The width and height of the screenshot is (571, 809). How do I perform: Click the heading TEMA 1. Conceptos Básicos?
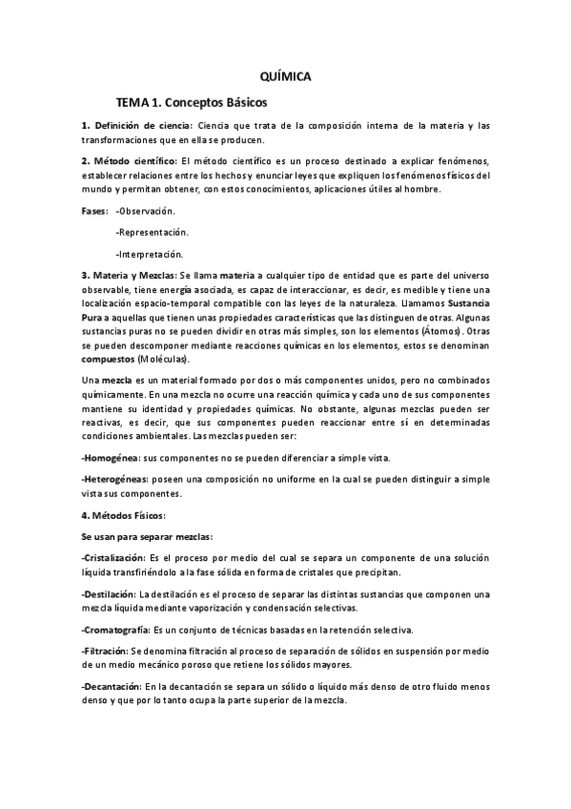click(x=192, y=101)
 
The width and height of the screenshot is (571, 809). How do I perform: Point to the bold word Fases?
click(x=93, y=210)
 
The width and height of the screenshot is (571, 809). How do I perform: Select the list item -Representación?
click(x=151, y=232)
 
